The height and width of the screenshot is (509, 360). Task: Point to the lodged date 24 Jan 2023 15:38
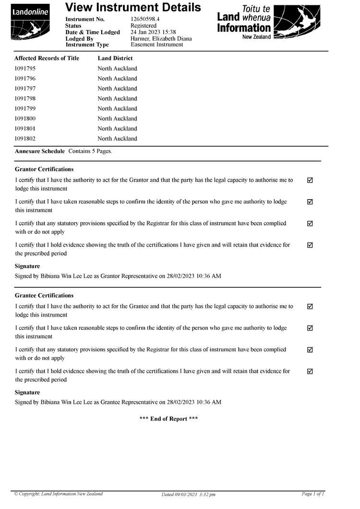pyautogui.click(x=153, y=32)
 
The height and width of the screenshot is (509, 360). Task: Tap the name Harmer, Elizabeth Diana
pyautogui.click(x=161, y=38)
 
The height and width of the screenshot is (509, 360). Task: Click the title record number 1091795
pyautogui.click(x=25, y=69)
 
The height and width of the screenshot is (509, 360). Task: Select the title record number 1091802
pyautogui.click(x=25, y=139)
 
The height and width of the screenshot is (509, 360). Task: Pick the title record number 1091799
pyautogui.click(x=25, y=108)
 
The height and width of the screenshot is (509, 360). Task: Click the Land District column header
pyautogui.click(x=115, y=58)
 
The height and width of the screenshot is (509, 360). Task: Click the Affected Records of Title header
pyautogui.click(x=47, y=58)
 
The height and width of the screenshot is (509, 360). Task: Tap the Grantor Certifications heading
pyautogui.click(x=44, y=169)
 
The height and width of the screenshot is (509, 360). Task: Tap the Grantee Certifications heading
pyautogui.click(x=44, y=296)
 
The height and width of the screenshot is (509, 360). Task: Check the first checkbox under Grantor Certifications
pyautogui.click(x=310, y=180)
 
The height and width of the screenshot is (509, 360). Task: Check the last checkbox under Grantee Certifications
pyautogui.click(x=310, y=371)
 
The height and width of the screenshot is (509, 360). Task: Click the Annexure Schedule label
pyautogui.click(x=40, y=151)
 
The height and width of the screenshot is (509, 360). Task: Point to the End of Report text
pyautogui.click(x=168, y=419)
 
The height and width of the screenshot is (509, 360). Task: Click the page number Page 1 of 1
pyautogui.click(x=313, y=494)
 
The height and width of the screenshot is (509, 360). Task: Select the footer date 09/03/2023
pyautogui.click(x=184, y=494)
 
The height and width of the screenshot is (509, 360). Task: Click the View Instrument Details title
pyautogui.click(x=133, y=7)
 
